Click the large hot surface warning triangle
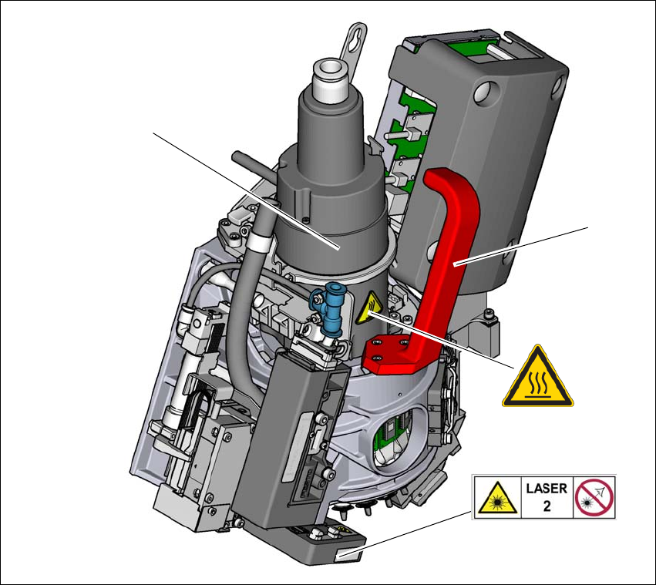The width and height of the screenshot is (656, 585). pyautogui.click(x=537, y=378)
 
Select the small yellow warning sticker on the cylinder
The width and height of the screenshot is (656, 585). pyautogui.click(x=368, y=308)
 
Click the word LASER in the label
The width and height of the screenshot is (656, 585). pyautogui.click(x=547, y=489)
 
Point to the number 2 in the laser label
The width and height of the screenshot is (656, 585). pyautogui.click(x=547, y=506)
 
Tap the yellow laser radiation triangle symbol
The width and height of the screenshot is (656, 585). pyautogui.click(x=497, y=499)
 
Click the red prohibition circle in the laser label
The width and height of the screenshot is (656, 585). pyautogui.click(x=594, y=498)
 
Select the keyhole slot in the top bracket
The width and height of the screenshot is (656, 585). pyautogui.click(x=356, y=39)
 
